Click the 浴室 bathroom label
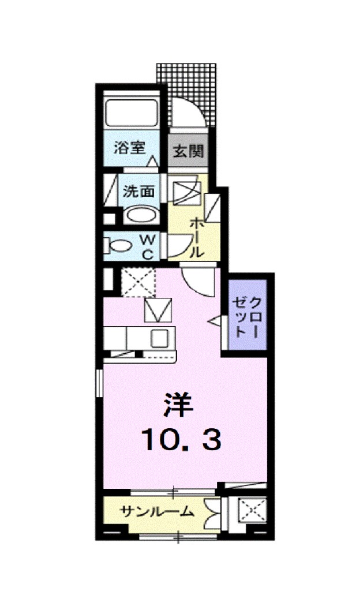pos(128,148)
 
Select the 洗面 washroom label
pos(139,191)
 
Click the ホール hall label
pos(195,237)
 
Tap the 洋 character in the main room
pos(178,405)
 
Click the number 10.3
pos(180,440)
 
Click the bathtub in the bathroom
pos(132,114)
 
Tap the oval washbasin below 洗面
pos(140,216)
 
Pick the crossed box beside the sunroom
pos(250,511)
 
